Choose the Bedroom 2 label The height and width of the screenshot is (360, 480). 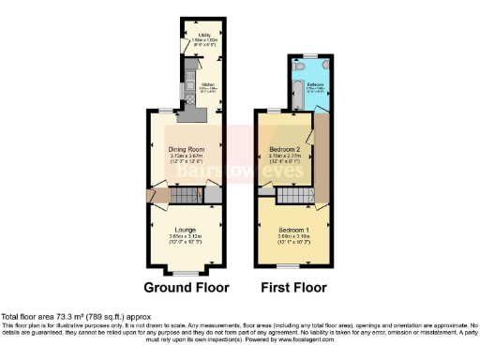[x=283, y=150]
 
